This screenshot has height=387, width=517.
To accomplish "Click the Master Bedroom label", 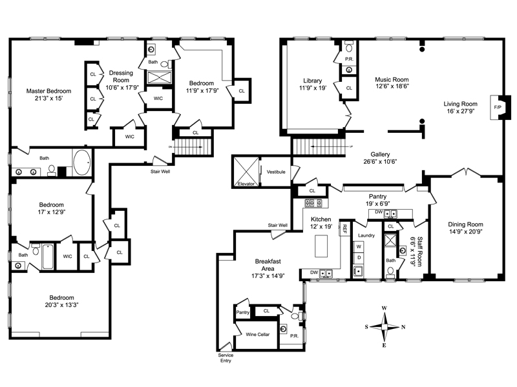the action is pyautogui.click(x=49, y=91).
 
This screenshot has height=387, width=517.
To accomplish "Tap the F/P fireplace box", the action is pyautogui.click(x=497, y=107).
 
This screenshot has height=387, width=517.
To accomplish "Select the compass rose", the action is pyautogui.click(x=385, y=327).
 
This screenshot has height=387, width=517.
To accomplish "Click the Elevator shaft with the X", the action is pyautogui.click(x=246, y=172).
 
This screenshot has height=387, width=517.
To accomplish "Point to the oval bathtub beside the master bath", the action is pyautogui.click(x=82, y=163).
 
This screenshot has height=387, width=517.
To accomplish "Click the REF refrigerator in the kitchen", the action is pyautogui.click(x=344, y=228).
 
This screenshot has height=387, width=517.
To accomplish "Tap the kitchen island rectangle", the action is pyautogui.click(x=321, y=246).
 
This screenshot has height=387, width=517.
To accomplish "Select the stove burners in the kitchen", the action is pyautogui.click(x=313, y=203).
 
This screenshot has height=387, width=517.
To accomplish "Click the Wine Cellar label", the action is pyautogui.click(x=257, y=334).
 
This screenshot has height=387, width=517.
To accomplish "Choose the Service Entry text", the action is pyautogui.click(x=226, y=358).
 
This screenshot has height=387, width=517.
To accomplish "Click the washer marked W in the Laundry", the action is pyautogui.click(x=359, y=246).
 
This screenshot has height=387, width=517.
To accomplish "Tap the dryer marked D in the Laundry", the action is pyautogui.click(x=359, y=257).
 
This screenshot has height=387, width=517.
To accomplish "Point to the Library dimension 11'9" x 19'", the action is pyautogui.click(x=313, y=88).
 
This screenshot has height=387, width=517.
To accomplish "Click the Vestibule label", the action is pyautogui.click(x=276, y=172).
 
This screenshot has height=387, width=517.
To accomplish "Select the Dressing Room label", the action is pyautogui.click(x=121, y=76).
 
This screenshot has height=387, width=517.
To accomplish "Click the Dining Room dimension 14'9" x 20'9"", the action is pyautogui.click(x=465, y=232).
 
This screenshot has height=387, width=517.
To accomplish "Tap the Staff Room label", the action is pyautogui.click(x=419, y=251).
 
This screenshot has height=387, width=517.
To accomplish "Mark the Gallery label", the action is pyautogui.click(x=380, y=154).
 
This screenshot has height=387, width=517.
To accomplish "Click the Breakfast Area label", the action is pyautogui.click(x=268, y=265).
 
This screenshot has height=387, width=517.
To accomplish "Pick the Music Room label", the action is pyautogui.click(x=392, y=79).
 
